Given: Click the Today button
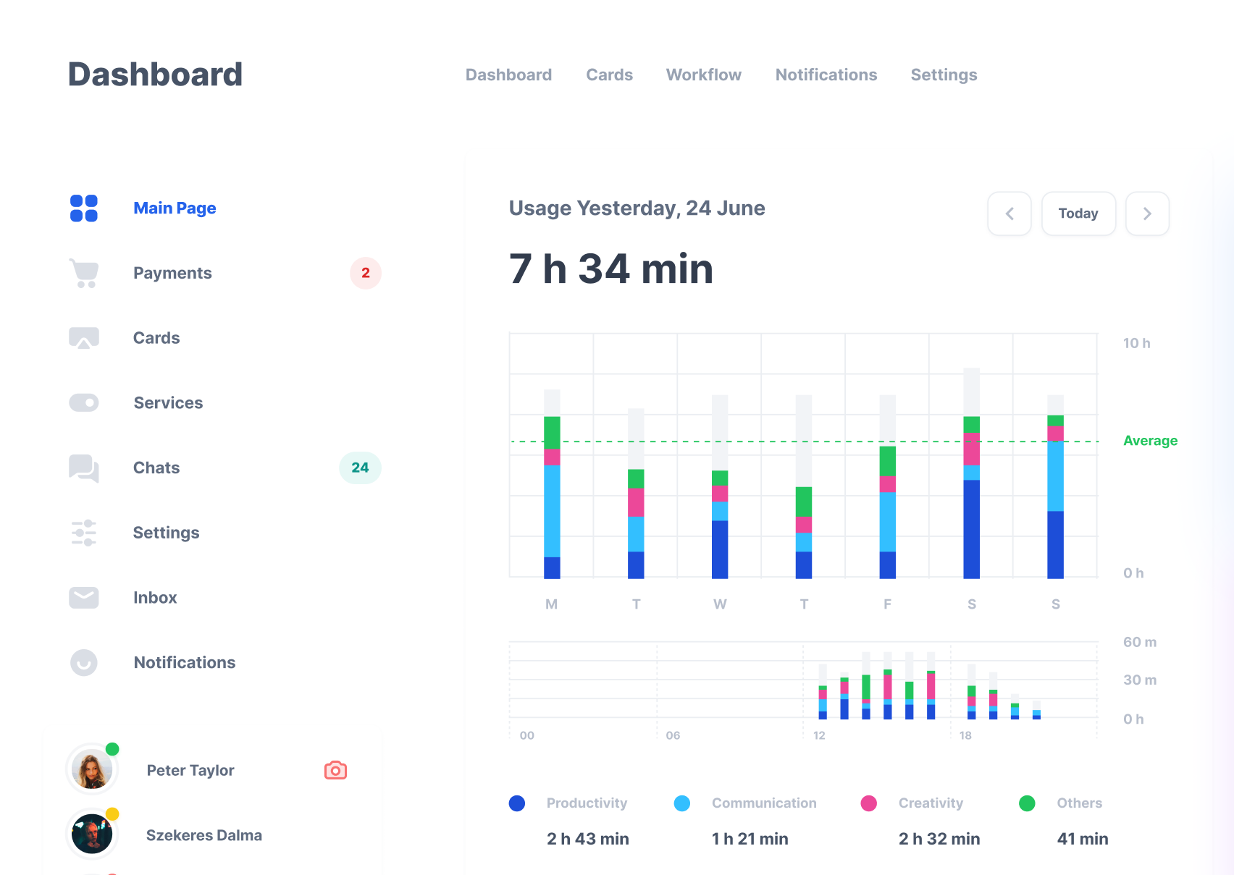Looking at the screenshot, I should click(1078, 214).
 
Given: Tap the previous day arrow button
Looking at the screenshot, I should click(1009, 214).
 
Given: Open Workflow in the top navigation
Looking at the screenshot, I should click(703, 75).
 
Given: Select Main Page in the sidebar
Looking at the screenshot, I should click(175, 208).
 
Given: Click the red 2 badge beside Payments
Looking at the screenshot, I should click(365, 273).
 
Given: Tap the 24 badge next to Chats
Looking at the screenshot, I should click(360, 468).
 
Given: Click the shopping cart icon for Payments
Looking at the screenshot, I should click(84, 273).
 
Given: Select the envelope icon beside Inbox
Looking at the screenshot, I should click(84, 597).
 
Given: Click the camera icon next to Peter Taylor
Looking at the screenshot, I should click(335, 770).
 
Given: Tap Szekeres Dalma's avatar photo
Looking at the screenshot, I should click(92, 834).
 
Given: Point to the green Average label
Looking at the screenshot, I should click(1150, 441).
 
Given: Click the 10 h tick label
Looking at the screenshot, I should click(1136, 343).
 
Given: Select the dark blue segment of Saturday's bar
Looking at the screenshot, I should click(971, 528).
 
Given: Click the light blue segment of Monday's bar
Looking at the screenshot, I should click(552, 510).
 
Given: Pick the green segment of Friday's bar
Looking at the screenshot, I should click(887, 461).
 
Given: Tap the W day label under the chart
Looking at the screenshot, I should click(720, 604).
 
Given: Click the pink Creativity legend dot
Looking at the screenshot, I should click(868, 803).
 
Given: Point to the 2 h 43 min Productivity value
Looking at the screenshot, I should click(587, 839).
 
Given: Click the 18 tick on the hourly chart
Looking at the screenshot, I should click(965, 735).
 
